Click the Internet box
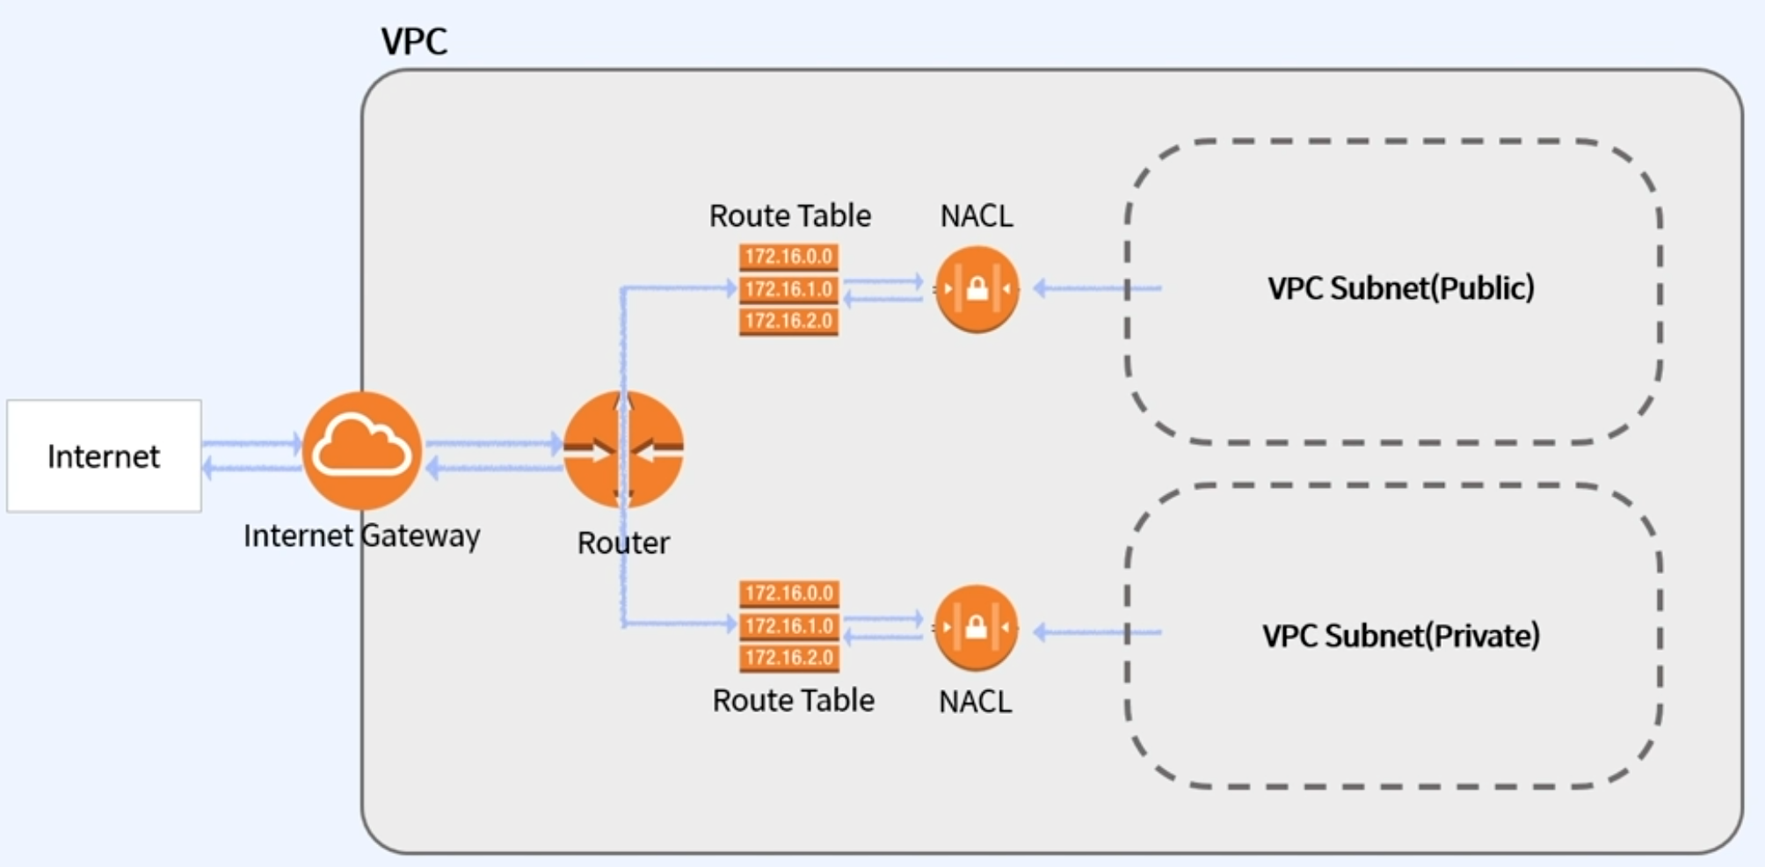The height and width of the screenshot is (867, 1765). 104,455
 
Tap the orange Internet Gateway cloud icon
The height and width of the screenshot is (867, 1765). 361,450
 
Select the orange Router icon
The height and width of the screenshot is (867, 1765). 623,450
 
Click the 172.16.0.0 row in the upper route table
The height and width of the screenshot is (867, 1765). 788,257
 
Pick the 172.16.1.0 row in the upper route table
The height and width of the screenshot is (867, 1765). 788,289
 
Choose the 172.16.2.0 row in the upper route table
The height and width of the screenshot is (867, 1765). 788,321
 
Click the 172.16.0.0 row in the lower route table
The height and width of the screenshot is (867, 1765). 788,594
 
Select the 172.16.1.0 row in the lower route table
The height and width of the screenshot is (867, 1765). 788,626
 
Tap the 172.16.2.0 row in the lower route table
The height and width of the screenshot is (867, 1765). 788,658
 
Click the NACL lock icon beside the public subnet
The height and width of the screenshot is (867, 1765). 977,288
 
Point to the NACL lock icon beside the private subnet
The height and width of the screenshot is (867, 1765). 976,628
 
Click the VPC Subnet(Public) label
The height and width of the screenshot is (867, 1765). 1400,288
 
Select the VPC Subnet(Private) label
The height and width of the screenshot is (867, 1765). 1400,635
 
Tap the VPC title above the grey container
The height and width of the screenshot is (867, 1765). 414,40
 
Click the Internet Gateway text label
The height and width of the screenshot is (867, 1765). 361,535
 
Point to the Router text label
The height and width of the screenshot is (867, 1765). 623,543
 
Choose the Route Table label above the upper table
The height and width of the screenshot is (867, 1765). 789,215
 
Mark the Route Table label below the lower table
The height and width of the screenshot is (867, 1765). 793,700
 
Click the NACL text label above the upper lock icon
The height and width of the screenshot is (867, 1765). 977,215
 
